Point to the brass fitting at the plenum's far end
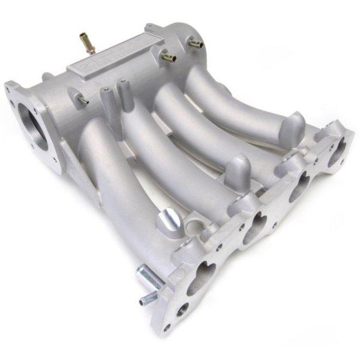click(194, 43)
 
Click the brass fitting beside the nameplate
click(167, 57)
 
